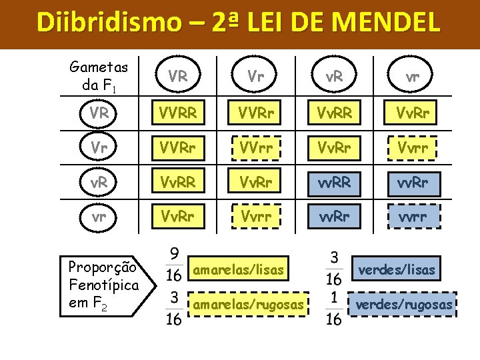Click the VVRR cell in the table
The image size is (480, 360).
(178, 114)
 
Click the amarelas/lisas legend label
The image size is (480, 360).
(239, 270)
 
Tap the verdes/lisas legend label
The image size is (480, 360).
(397, 269)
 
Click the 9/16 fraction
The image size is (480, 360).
(174, 264)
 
